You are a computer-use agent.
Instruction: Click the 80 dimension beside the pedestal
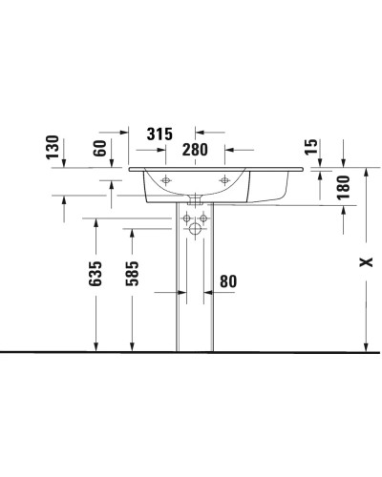click(x=228, y=281)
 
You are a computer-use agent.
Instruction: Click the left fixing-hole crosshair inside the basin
click(x=165, y=180)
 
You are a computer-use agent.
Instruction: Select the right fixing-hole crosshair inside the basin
click(x=226, y=180)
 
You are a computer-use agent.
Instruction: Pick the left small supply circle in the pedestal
click(x=188, y=218)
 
